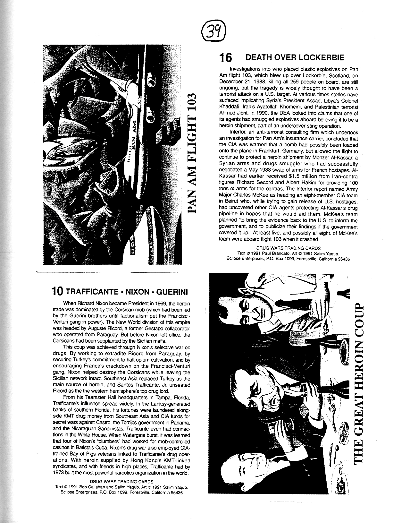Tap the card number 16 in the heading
pyautogui.click(x=226, y=58)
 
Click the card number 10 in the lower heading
pyautogui.click(x=58, y=292)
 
